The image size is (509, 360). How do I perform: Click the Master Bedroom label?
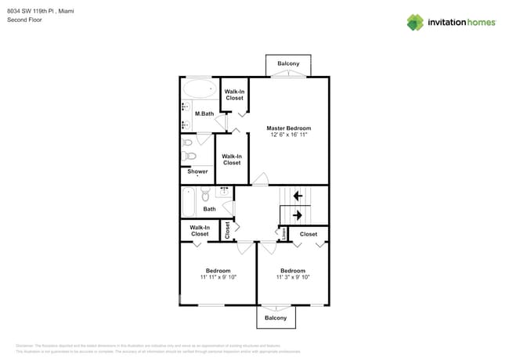pos(288,128)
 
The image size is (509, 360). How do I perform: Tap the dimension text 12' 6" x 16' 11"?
pos(288,135)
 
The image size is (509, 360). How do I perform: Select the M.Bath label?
pos(204,114)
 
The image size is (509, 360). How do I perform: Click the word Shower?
pos(197,171)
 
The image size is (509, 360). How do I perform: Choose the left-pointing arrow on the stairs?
pos(297,196)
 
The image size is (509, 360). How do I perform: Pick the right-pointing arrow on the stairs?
pos(297,214)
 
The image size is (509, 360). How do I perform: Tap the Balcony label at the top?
pos(288,63)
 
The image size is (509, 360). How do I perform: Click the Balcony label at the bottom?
pos(275,318)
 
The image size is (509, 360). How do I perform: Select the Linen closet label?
pos(283,232)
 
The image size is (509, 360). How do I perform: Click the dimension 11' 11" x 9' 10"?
pos(218,277)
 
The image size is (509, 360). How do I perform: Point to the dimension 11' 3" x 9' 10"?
pos(293,277)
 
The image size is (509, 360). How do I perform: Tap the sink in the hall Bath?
pos(223,190)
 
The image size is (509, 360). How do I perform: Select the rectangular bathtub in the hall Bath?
pos(188,203)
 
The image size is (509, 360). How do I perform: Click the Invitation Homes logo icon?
pos(415,22)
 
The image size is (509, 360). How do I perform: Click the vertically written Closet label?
pos(228,229)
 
